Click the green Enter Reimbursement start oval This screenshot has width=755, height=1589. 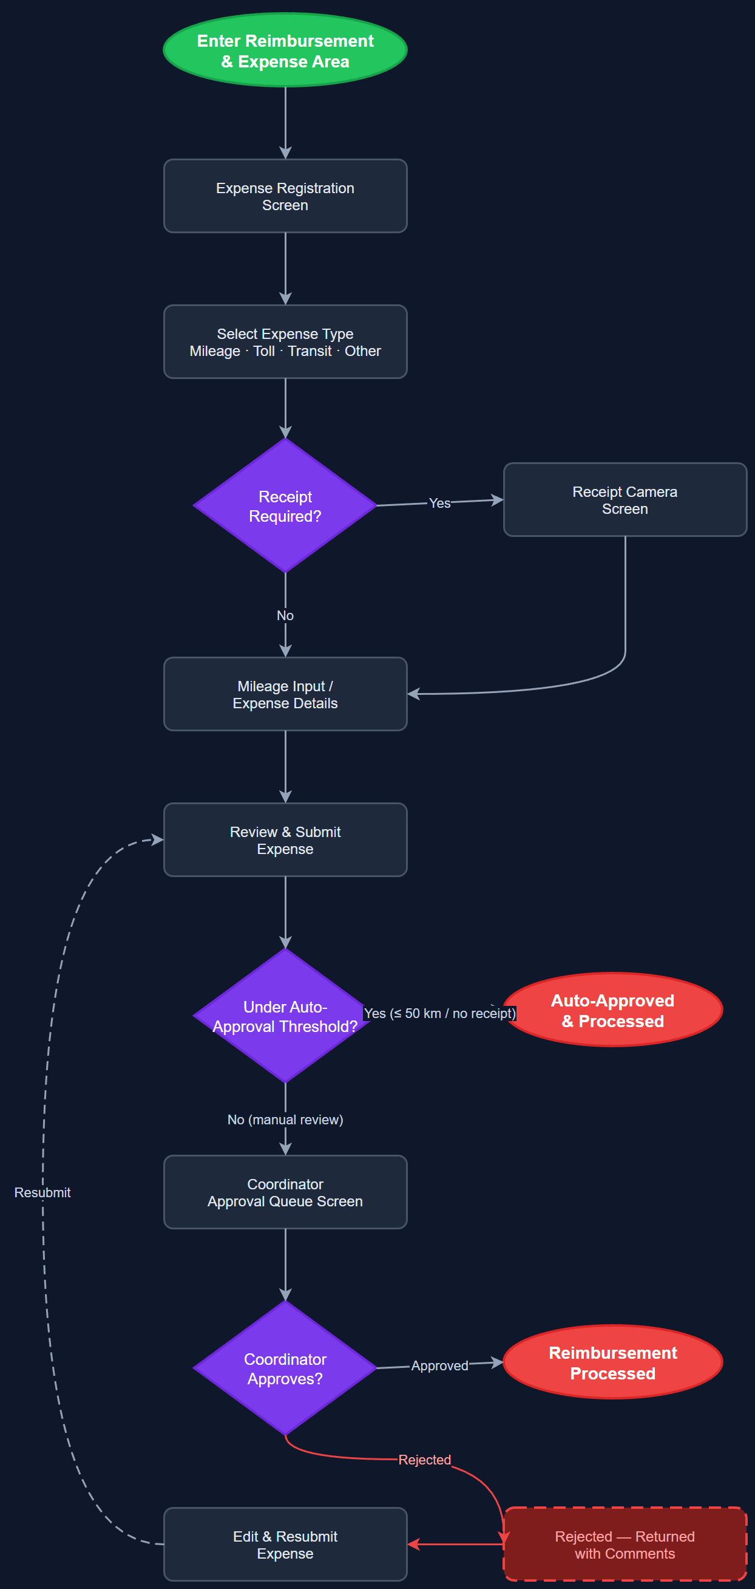point(285,50)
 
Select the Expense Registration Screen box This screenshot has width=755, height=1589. point(285,196)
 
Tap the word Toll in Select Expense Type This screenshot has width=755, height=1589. point(264,351)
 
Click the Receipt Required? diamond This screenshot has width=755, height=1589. point(285,506)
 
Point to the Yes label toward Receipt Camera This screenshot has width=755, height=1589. point(439,504)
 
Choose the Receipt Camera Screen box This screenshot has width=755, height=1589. point(625,500)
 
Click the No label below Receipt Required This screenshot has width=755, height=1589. point(285,615)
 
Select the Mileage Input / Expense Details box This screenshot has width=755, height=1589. point(285,694)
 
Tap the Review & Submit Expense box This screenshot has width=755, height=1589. point(285,839)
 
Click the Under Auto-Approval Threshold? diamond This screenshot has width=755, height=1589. point(285,1016)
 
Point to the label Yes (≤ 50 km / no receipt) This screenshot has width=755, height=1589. point(439,1014)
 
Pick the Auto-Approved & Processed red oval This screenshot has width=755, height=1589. point(612,1010)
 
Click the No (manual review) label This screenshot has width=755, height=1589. point(285,1119)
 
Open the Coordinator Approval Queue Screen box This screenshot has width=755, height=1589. point(285,1192)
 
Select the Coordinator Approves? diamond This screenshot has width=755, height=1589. point(285,1368)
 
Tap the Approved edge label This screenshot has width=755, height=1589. point(439,1365)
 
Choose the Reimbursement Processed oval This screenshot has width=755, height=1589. point(612,1362)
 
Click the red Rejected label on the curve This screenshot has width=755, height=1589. point(424,1460)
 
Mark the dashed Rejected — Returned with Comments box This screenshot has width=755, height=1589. point(625,1544)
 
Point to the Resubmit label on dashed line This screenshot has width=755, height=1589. point(42,1192)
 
